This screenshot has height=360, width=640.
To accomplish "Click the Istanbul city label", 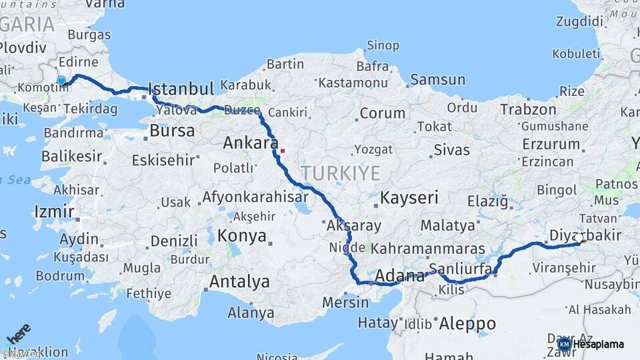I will click(181, 89).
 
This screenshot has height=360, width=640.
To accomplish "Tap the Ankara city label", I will click(251, 143).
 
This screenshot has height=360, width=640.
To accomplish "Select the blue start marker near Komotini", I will click(62, 81).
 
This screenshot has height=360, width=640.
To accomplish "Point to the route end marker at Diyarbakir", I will click(578, 238).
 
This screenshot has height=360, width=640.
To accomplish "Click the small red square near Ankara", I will click(282, 151).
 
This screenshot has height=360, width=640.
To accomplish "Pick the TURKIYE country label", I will click(340, 173).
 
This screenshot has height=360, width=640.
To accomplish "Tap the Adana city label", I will click(399, 276).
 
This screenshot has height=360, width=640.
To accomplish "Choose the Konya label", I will click(243, 236).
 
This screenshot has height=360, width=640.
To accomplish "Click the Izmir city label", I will click(53, 212).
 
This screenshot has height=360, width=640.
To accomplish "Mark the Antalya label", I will click(239, 282).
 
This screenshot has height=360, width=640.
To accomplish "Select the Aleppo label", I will click(467, 324).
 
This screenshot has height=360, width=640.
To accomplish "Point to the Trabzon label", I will click(528, 109).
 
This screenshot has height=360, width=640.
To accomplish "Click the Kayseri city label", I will click(409, 198).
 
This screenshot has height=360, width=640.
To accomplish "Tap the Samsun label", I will click(437, 80).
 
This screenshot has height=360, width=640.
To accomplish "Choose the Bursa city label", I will click(172, 131).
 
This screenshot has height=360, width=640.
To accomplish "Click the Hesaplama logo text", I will click(598, 345).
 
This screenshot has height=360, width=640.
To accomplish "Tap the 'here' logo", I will click(19, 333).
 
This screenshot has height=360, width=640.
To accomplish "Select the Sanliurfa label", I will click(461, 269).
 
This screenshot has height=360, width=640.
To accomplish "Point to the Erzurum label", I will click(551, 143).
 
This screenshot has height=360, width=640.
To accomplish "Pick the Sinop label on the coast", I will click(383, 45).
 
